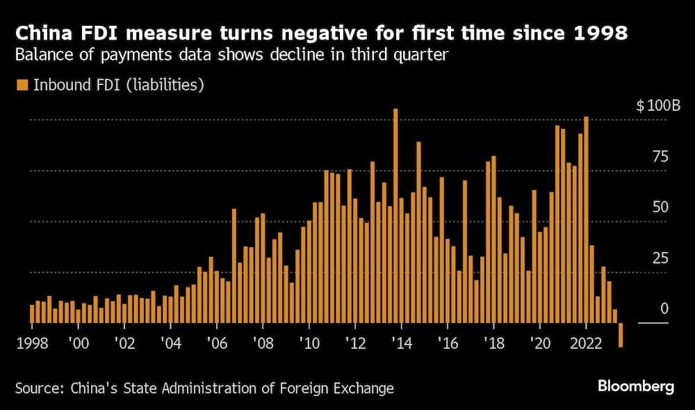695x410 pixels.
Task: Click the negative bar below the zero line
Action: click(621, 335)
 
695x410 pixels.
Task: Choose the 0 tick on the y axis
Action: click(664, 309)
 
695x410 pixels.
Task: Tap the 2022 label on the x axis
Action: click(587, 342)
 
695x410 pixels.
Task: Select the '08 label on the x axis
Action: click(262, 342)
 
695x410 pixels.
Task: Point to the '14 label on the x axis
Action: click(401, 342)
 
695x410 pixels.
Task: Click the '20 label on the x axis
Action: click(540, 342)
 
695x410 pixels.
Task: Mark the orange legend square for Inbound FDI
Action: click(22, 85)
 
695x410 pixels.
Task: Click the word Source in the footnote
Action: click(38, 388)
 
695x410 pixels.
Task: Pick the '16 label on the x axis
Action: click(448, 342)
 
